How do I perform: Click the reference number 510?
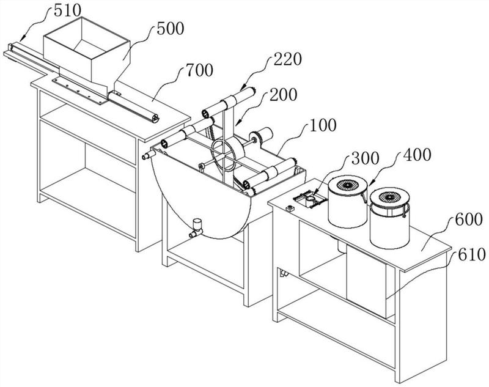pyautogui.click(x=67, y=10)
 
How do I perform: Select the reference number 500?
pyautogui.click(x=171, y=29)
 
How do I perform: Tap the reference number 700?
pyautogui.click(x=200, y=70)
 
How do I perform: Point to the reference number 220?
pyautogui.click(x=288, y=59)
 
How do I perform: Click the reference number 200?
pyautogui.click(x=284, y=95)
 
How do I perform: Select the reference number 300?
pyautogui.click(x=365, y=158)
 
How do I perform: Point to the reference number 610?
pyautogui.click(x=472, y=254)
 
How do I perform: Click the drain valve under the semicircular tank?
pyautogui.click(x=196, y=228)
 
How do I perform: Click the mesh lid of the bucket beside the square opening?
pyautogui.click(x=347, y=185)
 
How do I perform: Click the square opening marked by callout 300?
pyautogui.click(x=310, y=199)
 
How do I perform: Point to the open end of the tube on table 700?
pyautogui.click(x=155, y=118)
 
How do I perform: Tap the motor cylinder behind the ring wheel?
pyautogui.click(x=265, y=135)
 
